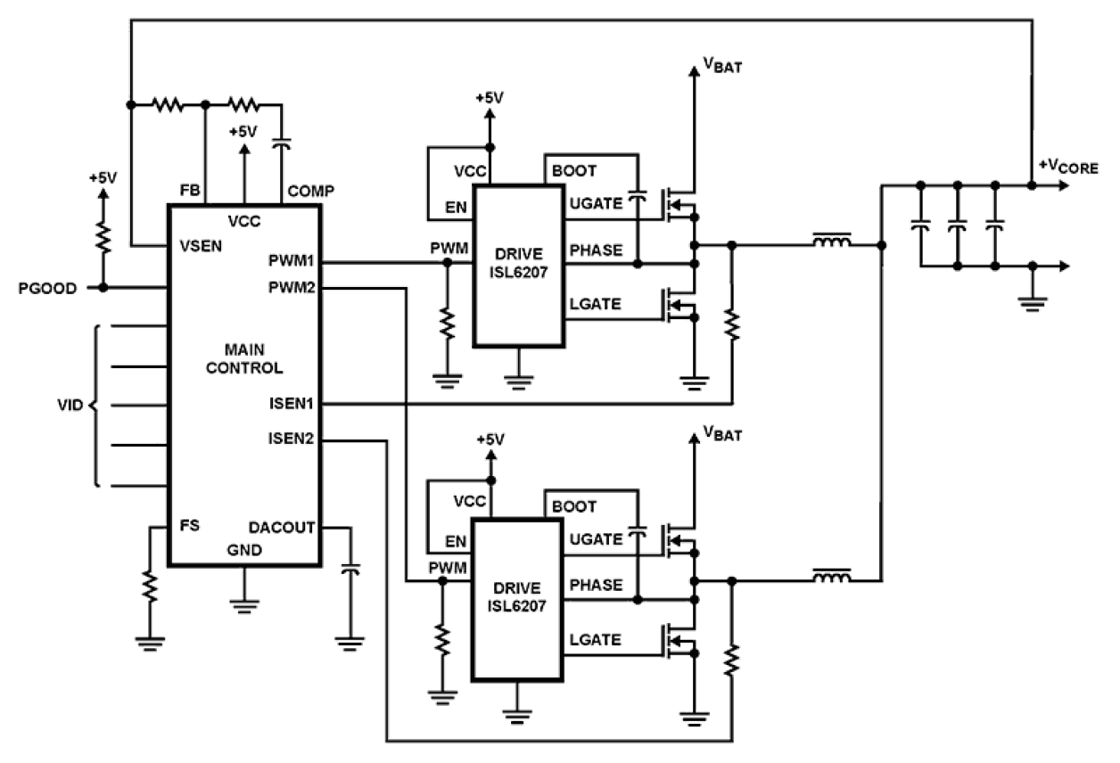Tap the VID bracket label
pos(71,405)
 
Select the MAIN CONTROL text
pos(243,357)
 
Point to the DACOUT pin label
pos(284,528)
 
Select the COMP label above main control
pos(309,191)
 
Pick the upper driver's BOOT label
pos(574,171)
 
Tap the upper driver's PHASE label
pos(594,250)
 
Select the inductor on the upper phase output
pos(830,242)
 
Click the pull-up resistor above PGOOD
pos(103,238)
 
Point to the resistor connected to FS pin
pos(150,588)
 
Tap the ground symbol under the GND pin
pos(243,603)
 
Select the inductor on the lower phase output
pos(830,578)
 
